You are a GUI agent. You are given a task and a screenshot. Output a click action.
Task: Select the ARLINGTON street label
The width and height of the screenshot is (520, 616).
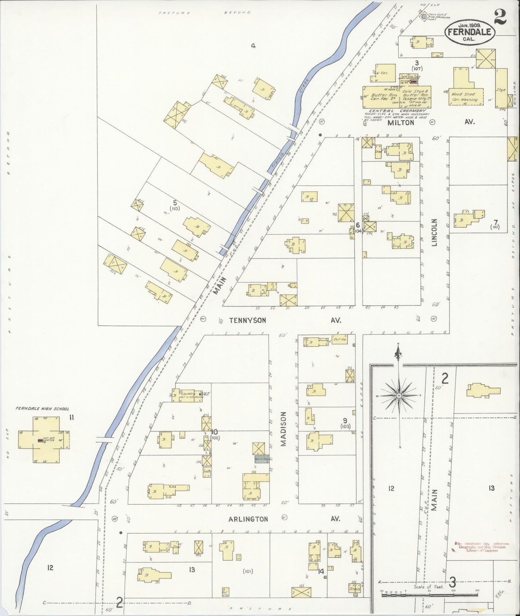248,519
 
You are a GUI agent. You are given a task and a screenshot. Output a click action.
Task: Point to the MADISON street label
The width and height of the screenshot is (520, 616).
283,429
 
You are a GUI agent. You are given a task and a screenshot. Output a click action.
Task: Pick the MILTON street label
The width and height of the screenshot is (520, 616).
401,123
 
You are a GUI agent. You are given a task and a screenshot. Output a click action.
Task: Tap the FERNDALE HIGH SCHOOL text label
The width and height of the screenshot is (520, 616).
42,409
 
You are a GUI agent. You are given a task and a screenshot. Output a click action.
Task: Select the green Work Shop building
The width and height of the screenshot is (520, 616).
262,459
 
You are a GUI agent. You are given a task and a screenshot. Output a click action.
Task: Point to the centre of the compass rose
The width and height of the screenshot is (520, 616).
399,395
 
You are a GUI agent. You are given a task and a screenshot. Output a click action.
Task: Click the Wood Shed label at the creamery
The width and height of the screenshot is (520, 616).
464,94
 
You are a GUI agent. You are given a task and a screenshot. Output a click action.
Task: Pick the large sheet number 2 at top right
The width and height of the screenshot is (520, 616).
500,16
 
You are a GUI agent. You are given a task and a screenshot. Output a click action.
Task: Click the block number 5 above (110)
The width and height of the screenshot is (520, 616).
175,202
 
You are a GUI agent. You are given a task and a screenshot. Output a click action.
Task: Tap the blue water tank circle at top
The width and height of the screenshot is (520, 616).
424,16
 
